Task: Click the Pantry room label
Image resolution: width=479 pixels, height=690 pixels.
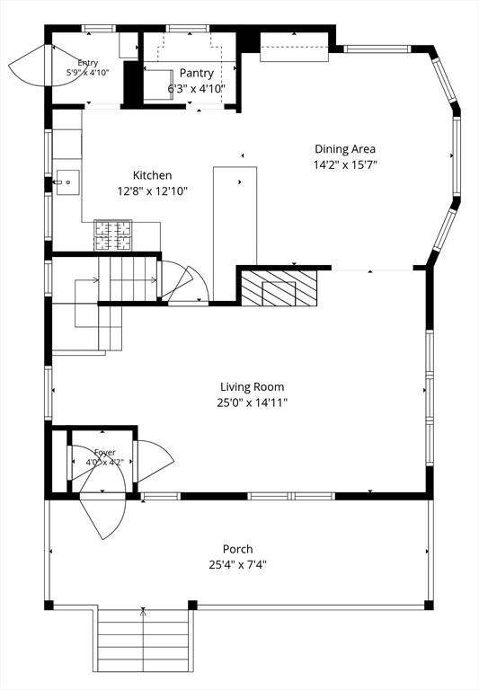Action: tap(196, 73)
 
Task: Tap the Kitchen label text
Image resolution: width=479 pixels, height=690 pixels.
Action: tap(153, 175)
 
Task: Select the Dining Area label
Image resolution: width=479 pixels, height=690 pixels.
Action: tap(345, 149)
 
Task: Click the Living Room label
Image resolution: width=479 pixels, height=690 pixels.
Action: tap(253, 387)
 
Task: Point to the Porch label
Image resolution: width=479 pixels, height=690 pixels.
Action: tap(238, 549)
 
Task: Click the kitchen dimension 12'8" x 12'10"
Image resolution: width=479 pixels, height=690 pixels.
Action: tap(153, 191)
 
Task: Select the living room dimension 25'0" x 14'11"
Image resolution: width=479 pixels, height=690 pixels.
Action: tap(253, 402)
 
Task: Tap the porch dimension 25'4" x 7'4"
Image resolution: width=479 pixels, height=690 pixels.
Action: tap(238, 564)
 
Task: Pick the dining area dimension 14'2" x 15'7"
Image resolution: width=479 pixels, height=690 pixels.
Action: tap(345, 165)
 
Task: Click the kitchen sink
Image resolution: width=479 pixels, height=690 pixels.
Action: tap(67, 182)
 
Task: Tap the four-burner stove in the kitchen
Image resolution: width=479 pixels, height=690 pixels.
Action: tap(112, 235)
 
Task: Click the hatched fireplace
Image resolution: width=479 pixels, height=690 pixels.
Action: tap(279, 287)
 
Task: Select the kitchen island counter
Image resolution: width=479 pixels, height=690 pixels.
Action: tap(235, 234)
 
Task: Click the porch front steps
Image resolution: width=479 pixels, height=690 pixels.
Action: tap(143, 646)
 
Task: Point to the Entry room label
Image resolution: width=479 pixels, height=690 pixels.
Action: tap(87, 63)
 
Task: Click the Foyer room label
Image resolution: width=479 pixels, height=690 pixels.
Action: tap(105, 453)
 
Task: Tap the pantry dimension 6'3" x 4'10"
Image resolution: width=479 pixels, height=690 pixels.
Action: tap(196, 88)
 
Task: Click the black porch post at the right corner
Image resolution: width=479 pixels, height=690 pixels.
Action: tap(429, 605)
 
